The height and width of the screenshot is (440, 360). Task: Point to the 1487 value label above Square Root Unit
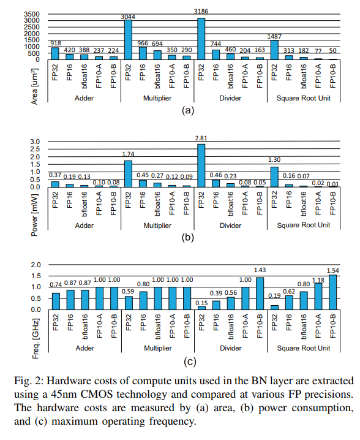(x=274, y=36)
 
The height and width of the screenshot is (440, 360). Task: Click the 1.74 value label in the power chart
(x=129, y=156)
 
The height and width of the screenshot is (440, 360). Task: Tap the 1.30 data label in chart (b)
(x=275, y=162)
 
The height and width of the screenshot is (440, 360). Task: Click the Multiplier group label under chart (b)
(x=158, y=226)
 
